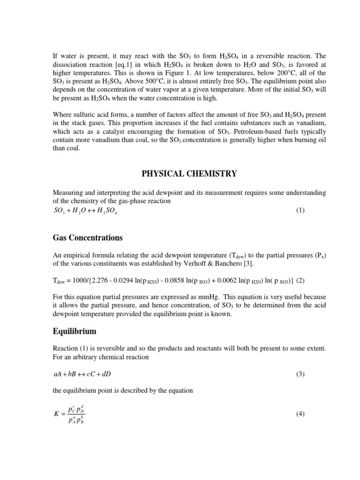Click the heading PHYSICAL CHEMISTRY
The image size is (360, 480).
pos(189,174)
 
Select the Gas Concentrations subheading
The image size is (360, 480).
pos(88,238)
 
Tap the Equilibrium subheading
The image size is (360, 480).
pos(75,331)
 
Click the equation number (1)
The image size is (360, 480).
pos(300,210)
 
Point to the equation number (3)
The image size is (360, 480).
pos(300,375)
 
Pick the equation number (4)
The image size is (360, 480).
pos(300,414)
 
